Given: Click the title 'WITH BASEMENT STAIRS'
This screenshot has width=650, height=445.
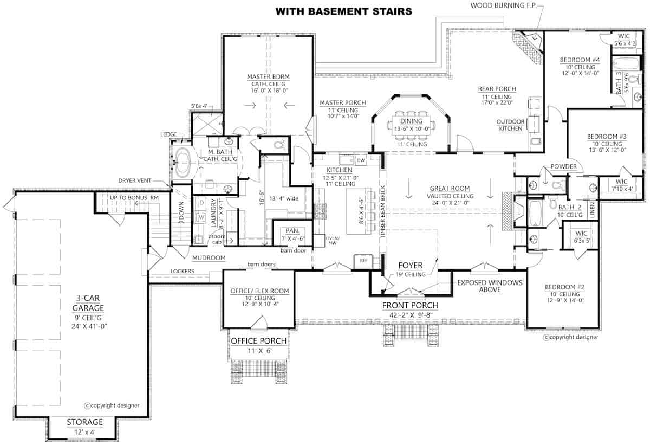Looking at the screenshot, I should tap(343, 11).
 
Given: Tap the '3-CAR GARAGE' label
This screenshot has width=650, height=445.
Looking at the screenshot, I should tap(83, 301).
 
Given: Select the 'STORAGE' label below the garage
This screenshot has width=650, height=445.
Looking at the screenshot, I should tap(84, 422).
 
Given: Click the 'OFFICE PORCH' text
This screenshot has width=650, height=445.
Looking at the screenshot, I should tap(258, 341).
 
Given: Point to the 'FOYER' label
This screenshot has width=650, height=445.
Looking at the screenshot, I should tap(411, 266).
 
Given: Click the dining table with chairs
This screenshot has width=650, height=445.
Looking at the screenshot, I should tap(413, 125).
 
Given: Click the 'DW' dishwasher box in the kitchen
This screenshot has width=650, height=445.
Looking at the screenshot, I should tap(360, 160).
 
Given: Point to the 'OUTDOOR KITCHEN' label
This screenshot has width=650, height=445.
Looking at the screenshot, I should tap(510, 125).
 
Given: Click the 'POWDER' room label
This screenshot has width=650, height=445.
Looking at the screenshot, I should tap(564, 166).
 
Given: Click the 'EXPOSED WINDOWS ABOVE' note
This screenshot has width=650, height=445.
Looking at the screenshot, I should tap(490, 286).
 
